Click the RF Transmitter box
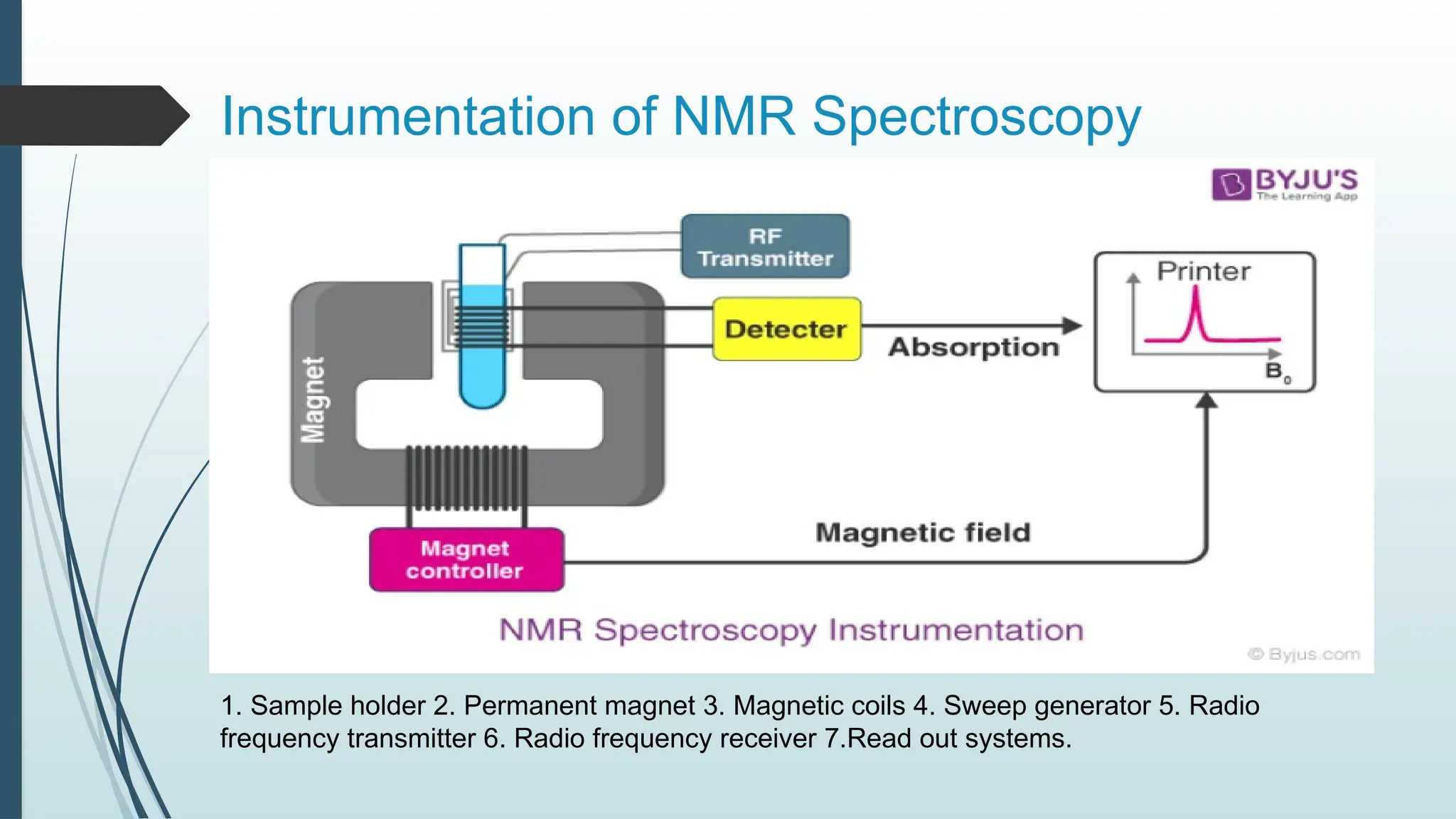click(765, 247)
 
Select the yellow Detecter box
click(786, 329)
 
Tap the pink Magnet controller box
click(466, 560)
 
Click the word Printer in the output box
click(1203, 272)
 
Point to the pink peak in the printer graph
click(1196, 313)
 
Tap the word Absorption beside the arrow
click(973, 348)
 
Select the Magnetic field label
click(922, 532)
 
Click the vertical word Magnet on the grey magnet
click(314, 400)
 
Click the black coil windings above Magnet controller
click(467, 478)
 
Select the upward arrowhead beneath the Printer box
click(1206, 401)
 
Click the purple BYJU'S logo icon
click(1231, 185)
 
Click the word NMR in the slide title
click(733, 117)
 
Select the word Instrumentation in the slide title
click(408, 117)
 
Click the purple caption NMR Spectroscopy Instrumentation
click(791, 631)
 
